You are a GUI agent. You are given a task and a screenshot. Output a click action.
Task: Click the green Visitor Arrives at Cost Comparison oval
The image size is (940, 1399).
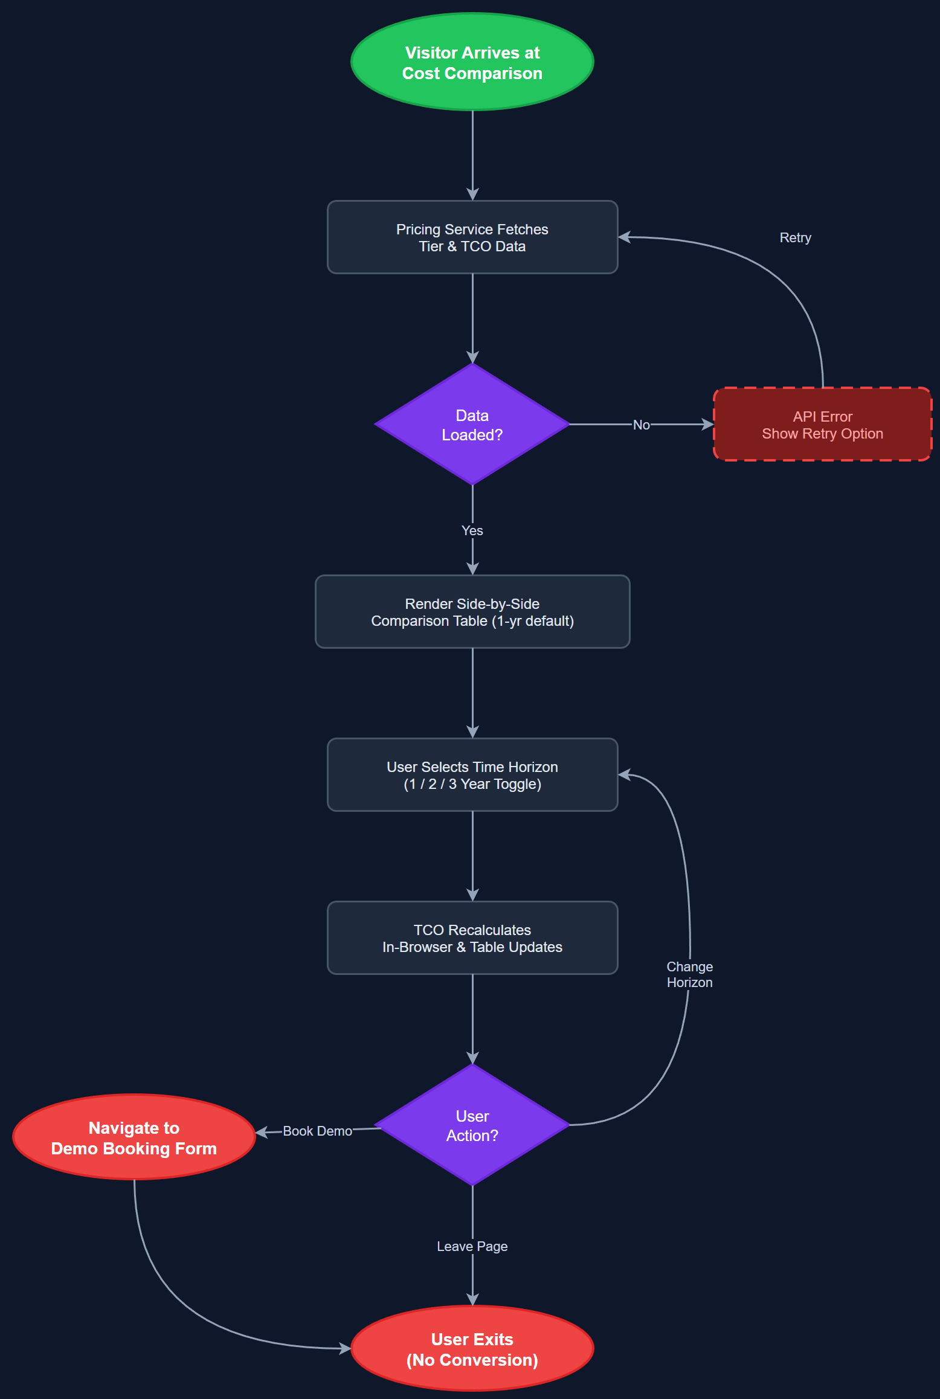472,62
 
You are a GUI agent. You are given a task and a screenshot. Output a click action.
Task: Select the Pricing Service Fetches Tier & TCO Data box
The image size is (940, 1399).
472,237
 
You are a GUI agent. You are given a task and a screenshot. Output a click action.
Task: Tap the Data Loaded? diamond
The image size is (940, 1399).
472,425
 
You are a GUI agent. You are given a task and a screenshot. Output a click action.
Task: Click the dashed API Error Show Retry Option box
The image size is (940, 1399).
822,425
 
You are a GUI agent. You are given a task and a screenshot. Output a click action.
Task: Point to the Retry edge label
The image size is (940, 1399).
794,237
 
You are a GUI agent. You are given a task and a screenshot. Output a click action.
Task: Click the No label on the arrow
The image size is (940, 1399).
641,425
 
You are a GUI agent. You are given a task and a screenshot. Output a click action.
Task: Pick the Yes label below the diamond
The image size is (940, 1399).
472,530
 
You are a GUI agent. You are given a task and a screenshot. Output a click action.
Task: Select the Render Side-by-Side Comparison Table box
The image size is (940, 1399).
472,612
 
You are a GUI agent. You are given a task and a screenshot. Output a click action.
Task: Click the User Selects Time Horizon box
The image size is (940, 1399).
472,775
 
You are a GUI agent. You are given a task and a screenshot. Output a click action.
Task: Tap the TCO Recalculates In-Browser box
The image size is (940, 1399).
472,938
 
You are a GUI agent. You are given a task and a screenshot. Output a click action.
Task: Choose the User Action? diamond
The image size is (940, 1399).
472,1125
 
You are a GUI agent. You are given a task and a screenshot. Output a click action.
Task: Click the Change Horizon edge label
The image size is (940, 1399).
689,974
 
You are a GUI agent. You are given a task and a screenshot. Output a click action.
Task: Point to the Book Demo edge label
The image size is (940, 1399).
317,1131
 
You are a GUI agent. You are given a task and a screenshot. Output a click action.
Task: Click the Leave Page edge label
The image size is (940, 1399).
472,1246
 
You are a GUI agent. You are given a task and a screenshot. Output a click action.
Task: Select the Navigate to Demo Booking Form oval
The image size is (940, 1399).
134,1137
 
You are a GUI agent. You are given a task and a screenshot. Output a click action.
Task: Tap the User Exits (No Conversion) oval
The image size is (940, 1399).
472,1349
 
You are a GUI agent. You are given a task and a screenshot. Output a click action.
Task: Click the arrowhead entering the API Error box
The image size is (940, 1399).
707,425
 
